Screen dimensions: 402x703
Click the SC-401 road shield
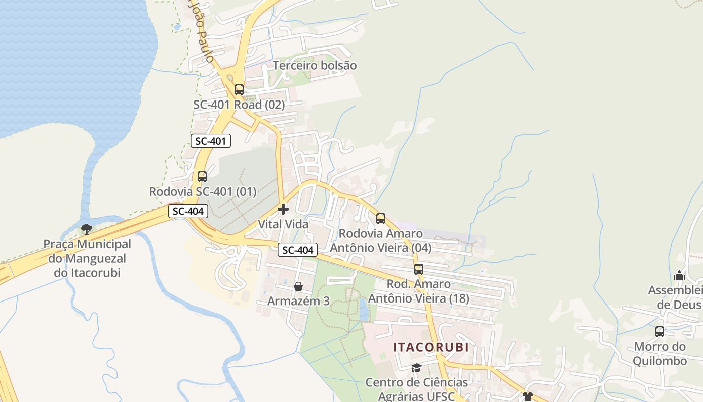[211, 141]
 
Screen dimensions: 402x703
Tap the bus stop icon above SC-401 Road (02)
[239, 90]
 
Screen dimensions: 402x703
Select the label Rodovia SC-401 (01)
[202, 191]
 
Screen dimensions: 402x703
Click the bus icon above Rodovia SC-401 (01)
[202, 177]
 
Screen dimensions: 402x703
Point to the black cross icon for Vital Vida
[283, 209]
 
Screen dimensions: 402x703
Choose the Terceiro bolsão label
[315, 65]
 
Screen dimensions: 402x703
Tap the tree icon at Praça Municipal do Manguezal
[87, 230]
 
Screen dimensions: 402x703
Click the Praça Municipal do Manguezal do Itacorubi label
[87, 259]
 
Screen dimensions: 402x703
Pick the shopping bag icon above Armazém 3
[298, 286]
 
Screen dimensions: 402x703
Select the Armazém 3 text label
[298, 301]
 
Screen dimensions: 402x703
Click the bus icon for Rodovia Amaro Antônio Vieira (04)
[381, 219]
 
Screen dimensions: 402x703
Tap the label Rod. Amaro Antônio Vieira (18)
[419, 291]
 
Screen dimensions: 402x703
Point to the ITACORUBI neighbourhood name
[431, 347]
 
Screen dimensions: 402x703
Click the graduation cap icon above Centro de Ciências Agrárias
[416, 368]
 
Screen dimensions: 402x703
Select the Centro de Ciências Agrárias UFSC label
[416, 389]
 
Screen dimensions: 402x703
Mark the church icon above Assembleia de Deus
[679, 275]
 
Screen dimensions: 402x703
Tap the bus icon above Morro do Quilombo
[660, 332]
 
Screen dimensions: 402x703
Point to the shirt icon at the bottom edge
[527, 396]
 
